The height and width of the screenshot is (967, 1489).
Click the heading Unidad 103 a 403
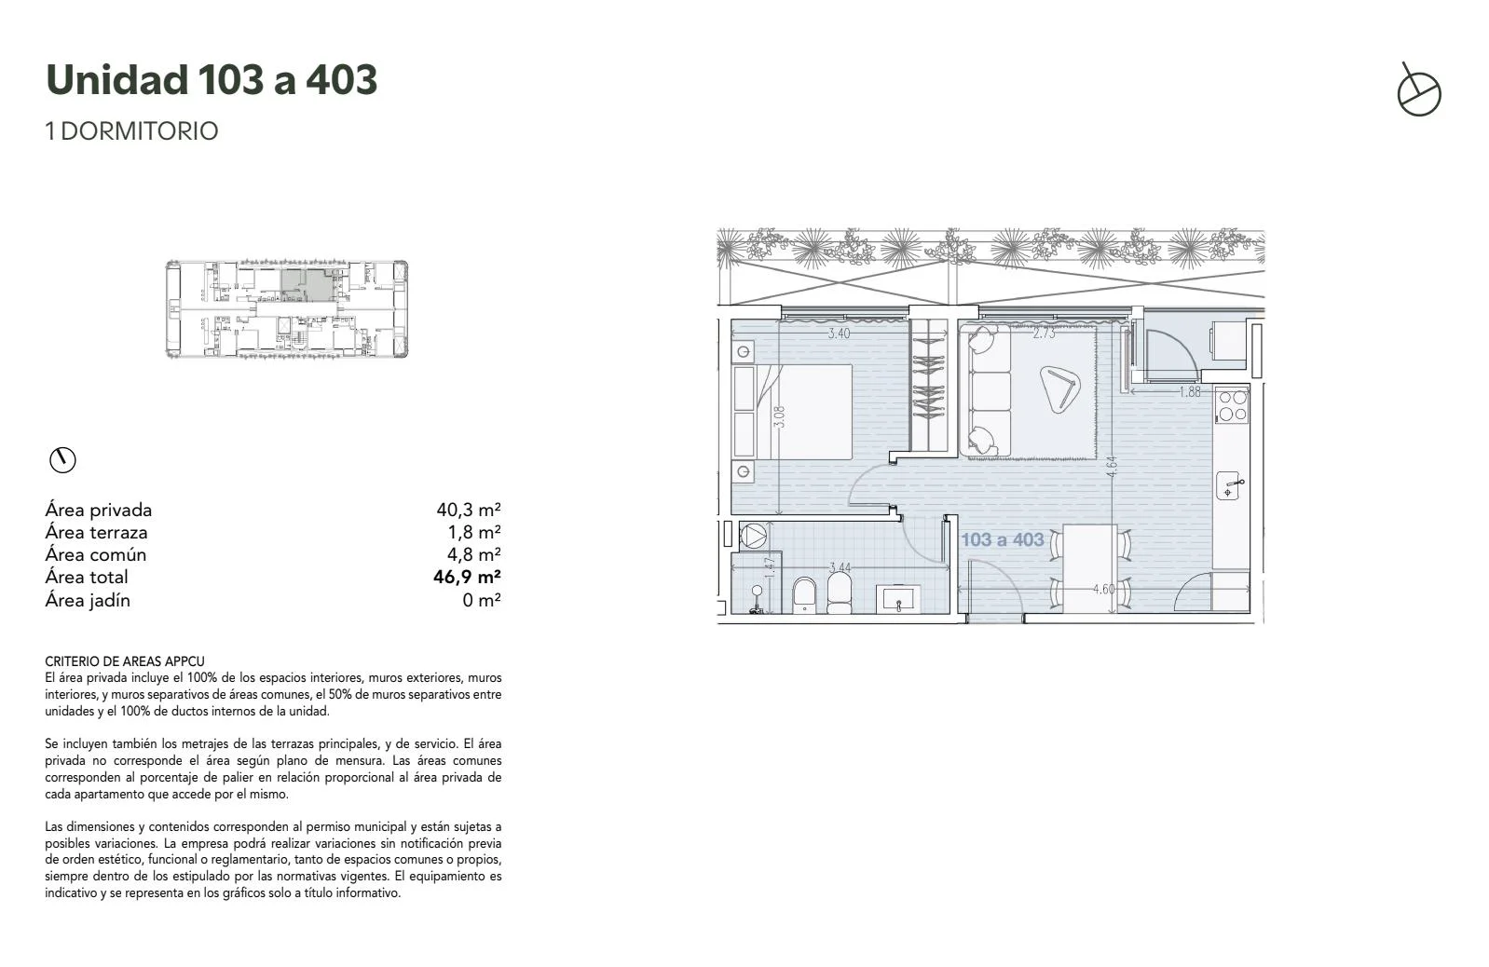tap(212, 80)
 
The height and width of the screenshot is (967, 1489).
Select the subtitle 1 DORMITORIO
tap(131, 131)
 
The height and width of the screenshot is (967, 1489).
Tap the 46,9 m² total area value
tap(467, 577)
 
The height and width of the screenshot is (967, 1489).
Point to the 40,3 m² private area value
tap(468, 510)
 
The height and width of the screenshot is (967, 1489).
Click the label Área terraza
tap(96, 532)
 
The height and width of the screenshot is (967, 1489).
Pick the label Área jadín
tap(88, 600)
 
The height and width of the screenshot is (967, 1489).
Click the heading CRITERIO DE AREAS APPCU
tap(125, 661)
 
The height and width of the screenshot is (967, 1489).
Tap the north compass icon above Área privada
tap(62, 460)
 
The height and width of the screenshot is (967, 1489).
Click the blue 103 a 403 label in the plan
tap(1003, 539)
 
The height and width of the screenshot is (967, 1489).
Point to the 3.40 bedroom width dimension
tap(839, 334)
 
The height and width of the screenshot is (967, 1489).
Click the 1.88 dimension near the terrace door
tap(1190, 391)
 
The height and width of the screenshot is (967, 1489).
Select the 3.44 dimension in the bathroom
tap(840, 567)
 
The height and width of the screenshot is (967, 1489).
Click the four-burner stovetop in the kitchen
tap(1232, 406)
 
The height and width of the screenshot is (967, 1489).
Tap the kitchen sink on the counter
tap(1230, 485)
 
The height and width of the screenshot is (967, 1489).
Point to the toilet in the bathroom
tap(804, 594)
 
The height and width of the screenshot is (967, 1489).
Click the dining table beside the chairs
tap(1089, 568)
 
